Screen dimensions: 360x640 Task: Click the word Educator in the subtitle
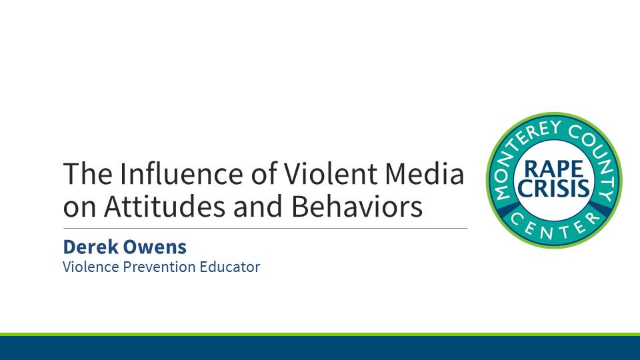pos(231,267)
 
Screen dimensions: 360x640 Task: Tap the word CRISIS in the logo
pos(553,188)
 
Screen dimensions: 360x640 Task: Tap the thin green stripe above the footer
pos(320,334)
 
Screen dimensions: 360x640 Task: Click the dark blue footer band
pos(320,348)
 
